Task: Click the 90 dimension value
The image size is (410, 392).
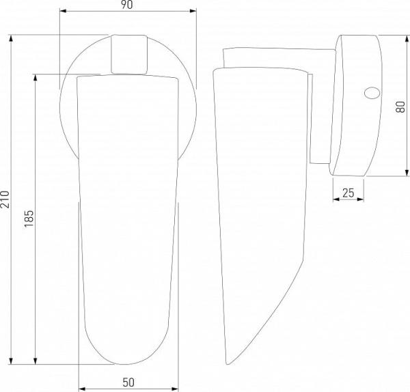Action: [127, 5]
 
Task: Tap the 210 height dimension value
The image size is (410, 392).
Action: [5, 199]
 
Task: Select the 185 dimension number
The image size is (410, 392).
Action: [29, 219]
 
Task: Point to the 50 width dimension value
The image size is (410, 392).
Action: [128, 382]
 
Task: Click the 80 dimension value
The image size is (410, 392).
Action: [400, 107]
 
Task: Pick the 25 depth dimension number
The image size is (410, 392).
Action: [348, 193]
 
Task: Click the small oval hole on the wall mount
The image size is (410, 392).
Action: [372, 93]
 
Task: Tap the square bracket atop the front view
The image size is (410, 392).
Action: [129, 54]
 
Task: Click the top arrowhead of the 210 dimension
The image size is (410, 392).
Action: [11, 38]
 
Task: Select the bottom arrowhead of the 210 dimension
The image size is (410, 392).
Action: [11, 361]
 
